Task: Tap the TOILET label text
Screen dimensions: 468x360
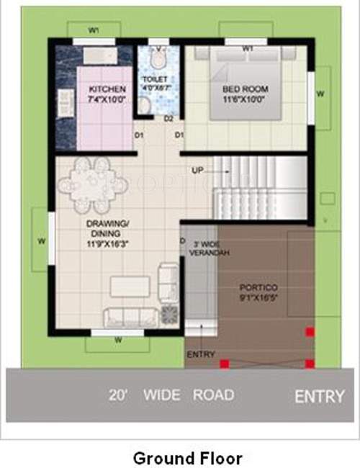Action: (155, 78)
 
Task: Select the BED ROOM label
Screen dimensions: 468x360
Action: (245, 89)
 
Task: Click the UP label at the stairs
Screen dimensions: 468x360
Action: (197, 171)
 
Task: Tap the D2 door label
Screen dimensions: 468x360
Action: (169, 118)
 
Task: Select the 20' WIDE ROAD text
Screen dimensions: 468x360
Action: (171, 395)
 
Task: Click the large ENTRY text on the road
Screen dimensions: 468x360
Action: (319, 396)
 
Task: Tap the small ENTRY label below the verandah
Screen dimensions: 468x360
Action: (200, 355)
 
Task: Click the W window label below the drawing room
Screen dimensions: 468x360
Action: (117, 341)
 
